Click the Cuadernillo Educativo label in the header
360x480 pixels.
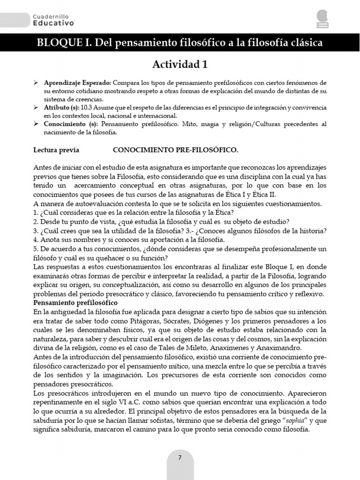(53, 19)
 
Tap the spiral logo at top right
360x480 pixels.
(322, 19)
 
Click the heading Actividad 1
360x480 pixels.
(180, 64)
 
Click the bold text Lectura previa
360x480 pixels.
(56, 150)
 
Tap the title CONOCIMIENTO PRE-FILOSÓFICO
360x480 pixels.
(175, 150)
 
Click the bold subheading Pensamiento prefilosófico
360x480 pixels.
(75, 303)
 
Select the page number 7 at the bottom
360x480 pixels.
(180, 458)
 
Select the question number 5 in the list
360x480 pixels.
(36, 248)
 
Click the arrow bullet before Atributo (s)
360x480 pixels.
(36, 107)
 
